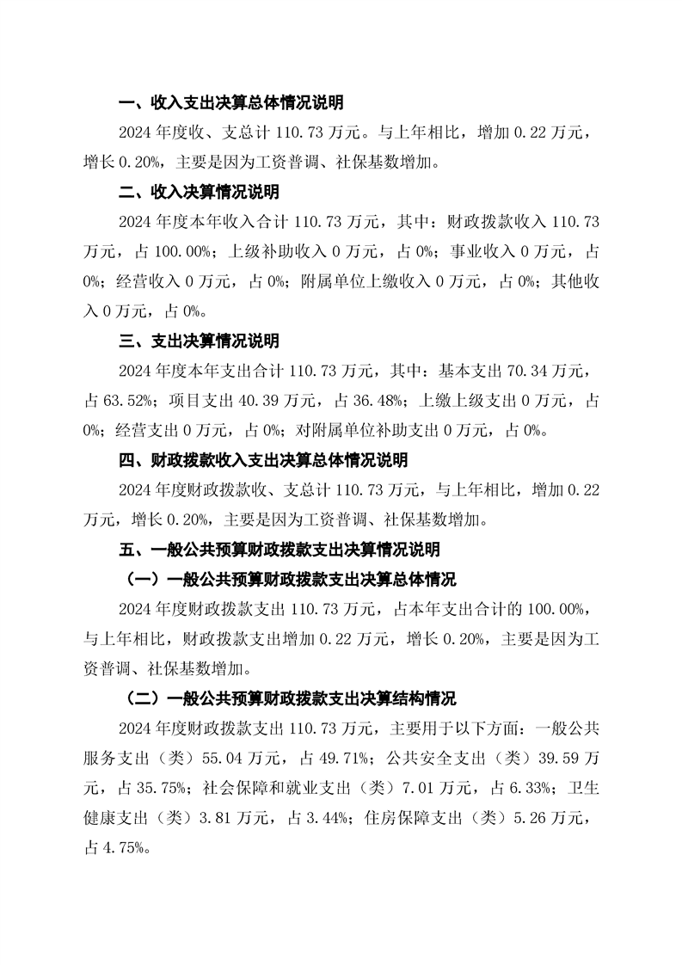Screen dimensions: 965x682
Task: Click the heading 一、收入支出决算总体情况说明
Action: (230, 103)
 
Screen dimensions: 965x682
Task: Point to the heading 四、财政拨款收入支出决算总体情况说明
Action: (263, 460)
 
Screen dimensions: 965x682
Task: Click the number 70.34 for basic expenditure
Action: (514, 371)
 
